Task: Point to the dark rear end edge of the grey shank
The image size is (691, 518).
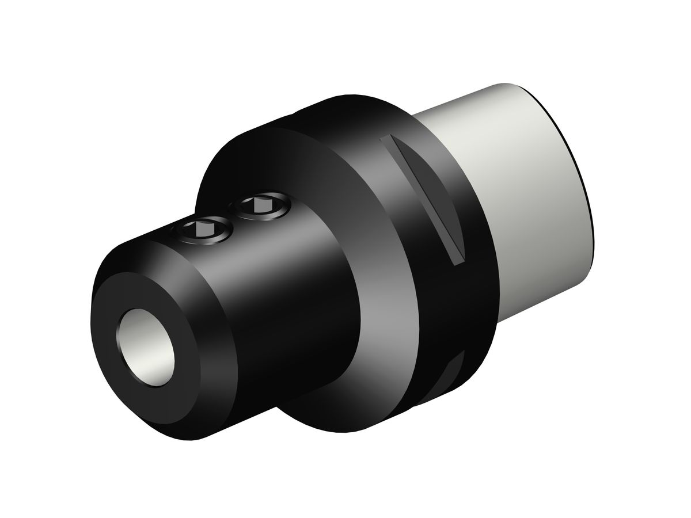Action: point(576,161)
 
